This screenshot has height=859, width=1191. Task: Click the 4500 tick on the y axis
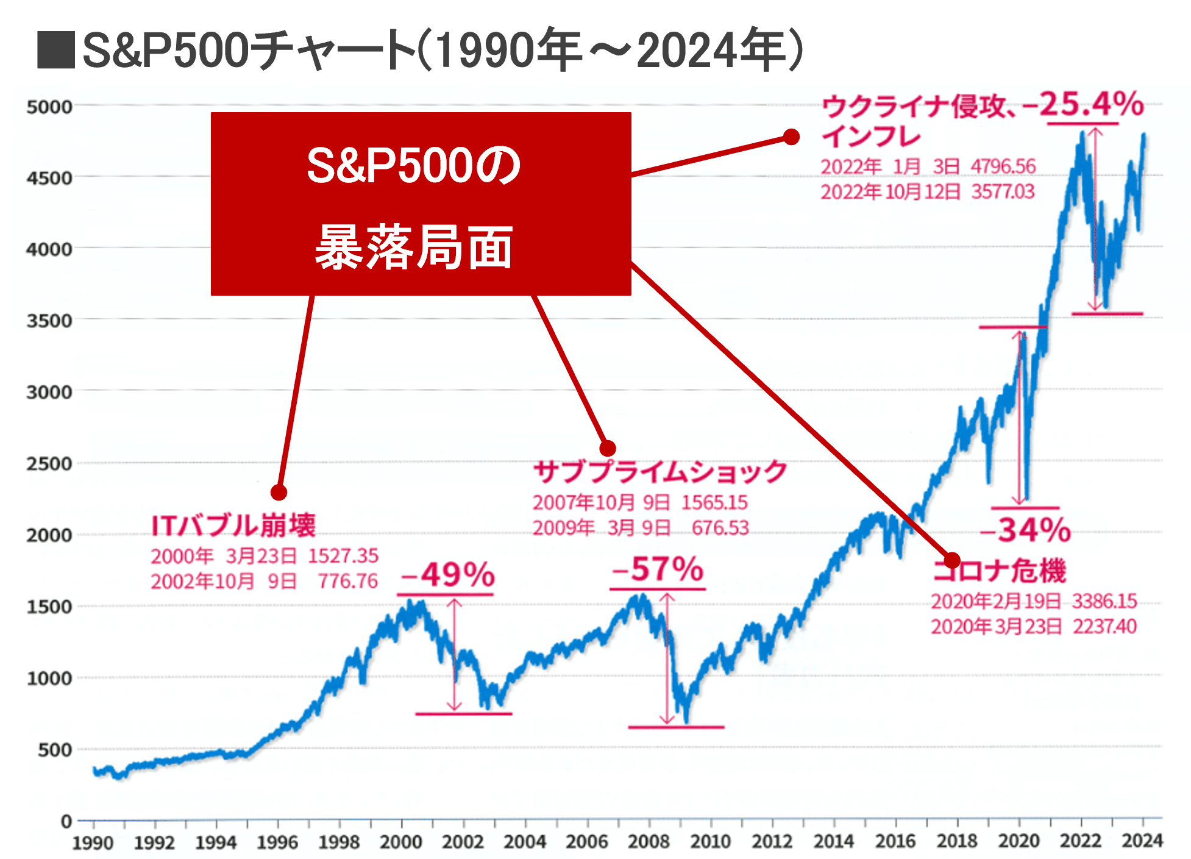coord(49,178)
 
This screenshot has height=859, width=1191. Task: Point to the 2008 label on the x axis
coord(649,841)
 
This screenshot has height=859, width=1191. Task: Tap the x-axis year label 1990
coord(93,843)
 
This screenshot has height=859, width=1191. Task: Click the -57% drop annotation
coord(658,569)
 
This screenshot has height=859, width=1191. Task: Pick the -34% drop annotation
coord(1026,529)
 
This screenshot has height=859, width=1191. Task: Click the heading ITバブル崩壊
coord(233,526)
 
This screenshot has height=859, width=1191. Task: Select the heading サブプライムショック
coord(660,472)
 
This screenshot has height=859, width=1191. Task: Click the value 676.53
coord(720,527)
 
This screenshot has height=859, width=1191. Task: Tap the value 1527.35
coord(343,555)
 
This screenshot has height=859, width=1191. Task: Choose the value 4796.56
coord(1003,166)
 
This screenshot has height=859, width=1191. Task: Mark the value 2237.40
coord(1104,626)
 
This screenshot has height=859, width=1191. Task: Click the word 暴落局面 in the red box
coord(414,247)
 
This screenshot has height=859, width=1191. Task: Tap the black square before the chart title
coord(56,50)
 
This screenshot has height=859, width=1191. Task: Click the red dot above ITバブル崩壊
coord(279,492)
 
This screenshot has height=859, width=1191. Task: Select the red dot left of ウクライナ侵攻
coord(791,137)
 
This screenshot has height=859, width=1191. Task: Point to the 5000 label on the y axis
coord(49,107)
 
